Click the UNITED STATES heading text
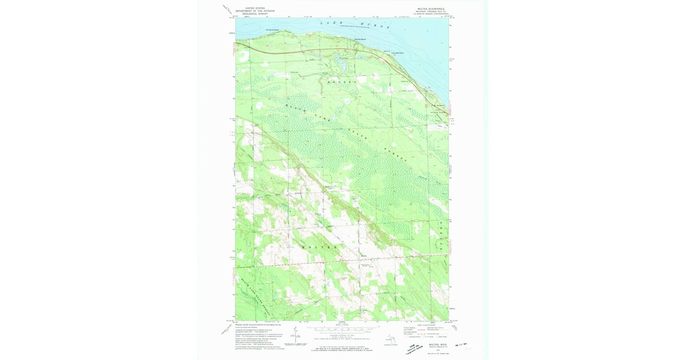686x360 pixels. pyautogui.click(x=255, y=8)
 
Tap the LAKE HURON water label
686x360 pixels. pyautogui.click(x=354, y=25)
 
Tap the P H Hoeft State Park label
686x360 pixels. pyautogui.click(x=437, y=109)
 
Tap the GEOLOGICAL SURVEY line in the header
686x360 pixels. pyautogui.click(x=255, y=14)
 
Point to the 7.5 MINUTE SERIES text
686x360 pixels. pyautogui.click(x=430, y=14)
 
